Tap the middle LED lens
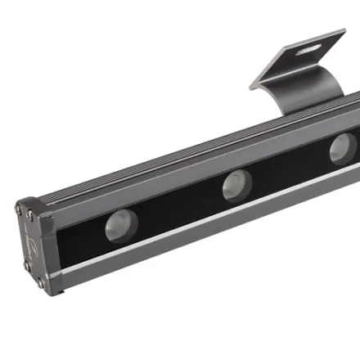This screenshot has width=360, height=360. [236, 186]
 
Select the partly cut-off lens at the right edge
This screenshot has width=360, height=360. [344, 149]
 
